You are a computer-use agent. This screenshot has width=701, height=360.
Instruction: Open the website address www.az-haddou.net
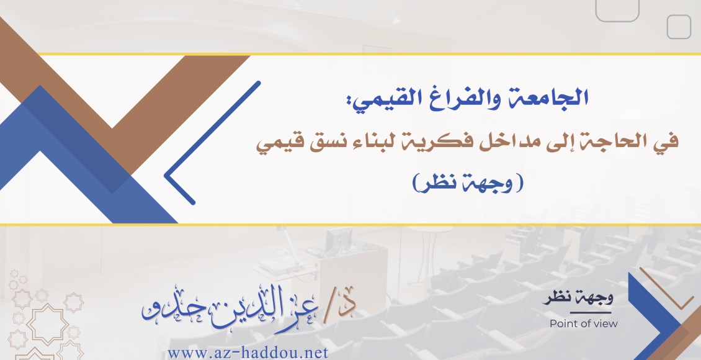pyautogui.click(x=248, y=353)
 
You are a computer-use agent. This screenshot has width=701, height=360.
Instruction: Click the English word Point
pyautogui.click(x=563, y=324)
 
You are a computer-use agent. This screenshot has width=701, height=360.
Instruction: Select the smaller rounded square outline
pyautogui.click(x=679, y=27)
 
